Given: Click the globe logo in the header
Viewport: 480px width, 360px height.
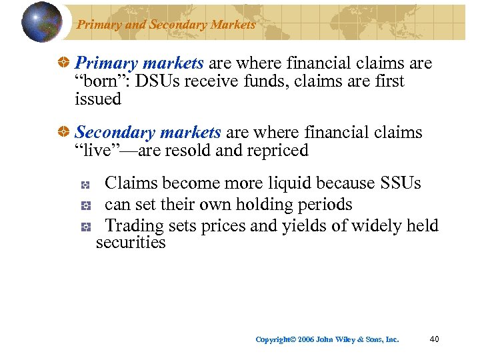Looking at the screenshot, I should [42, 21].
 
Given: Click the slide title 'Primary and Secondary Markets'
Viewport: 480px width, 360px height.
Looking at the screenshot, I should [166, 25].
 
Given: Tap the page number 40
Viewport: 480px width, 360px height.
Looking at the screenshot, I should [434, 339].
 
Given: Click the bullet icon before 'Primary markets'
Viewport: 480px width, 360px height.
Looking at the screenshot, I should [65, 64].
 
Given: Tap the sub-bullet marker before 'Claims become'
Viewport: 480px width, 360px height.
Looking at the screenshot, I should [85, 185].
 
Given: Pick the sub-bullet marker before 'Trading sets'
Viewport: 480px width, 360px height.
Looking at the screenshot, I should [85, 227].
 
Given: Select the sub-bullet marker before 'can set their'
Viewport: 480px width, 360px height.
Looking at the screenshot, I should [85, 206].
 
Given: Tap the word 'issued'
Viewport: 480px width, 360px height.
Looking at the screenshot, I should [98, 99].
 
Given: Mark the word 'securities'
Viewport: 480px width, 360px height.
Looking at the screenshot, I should [131, 243].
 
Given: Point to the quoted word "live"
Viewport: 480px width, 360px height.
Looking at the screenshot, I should [99, 151].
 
